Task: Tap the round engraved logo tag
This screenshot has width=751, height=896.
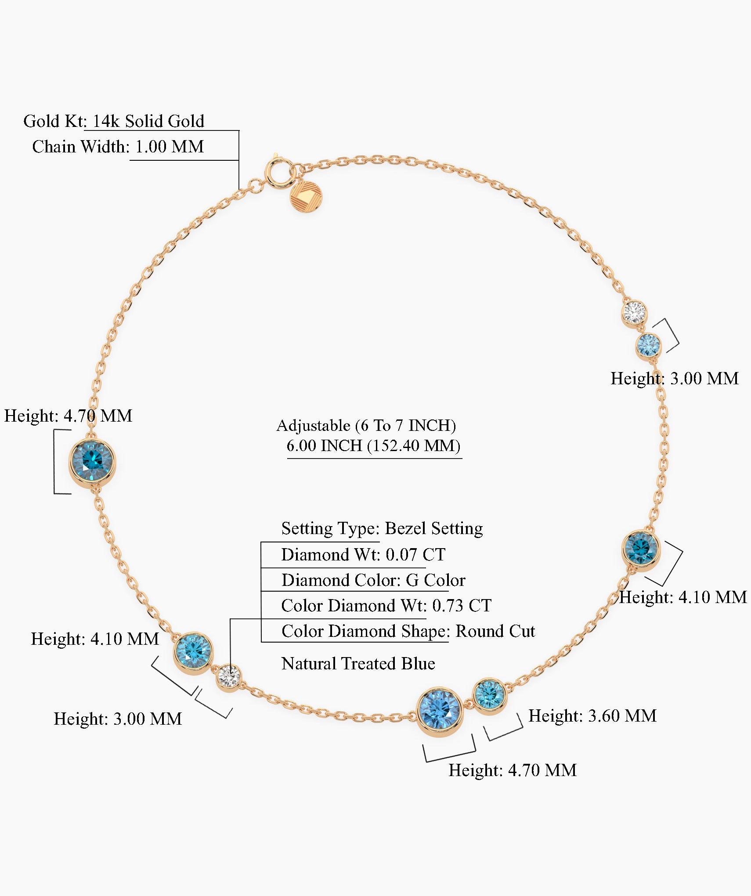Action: pyautogui.click(x=306, y=196)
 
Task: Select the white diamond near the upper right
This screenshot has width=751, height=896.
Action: pyautogui.click(x=634, y=312)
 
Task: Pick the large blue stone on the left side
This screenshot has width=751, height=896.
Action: pyautogui.click(x=92, y=461)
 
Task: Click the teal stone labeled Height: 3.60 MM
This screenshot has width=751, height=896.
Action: pyautogui.click(x=490, y=696)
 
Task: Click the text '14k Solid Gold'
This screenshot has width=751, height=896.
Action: pyautogui.click(x=148, y=121)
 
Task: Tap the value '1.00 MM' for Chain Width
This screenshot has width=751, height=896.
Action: pyautogui.click(x=170, y=147)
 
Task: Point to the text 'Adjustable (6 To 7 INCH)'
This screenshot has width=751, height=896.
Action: pyautogui.click(x=366, y=425)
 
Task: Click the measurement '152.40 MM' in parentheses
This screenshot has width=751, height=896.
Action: pyautogui.click(x=414, y=446)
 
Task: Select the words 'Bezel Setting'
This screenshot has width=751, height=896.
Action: pyautogui.click(x=434, y=528)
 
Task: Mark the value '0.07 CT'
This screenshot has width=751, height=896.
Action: pyautogui.click(x=415, y=555)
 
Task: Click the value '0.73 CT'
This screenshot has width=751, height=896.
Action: pyautogui.click(x=462, y=606)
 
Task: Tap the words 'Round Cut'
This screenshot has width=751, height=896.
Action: pyautogui.click(x=495, y=631)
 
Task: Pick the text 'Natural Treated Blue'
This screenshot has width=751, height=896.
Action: pyautogui.click(x=358, y=664)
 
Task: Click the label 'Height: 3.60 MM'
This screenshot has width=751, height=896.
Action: pyautogui.click(x=592, y=716)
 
